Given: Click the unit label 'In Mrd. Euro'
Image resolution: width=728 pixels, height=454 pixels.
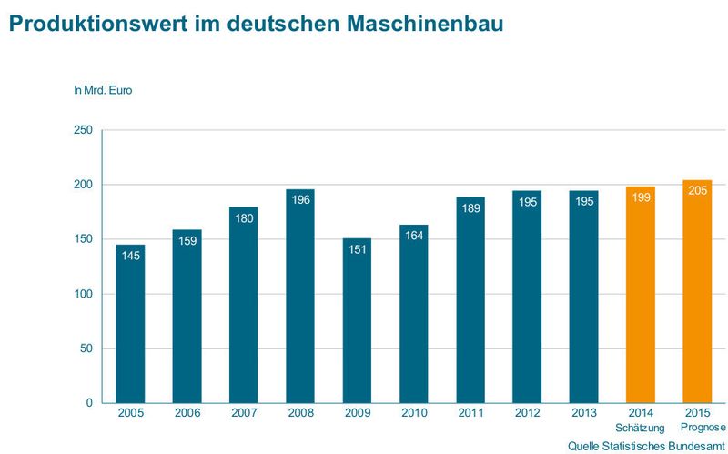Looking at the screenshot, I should pos(103,90).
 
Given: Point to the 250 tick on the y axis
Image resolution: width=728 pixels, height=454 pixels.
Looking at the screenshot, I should pos(82,130).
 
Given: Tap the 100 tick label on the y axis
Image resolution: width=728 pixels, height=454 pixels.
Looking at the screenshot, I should pos(82,294).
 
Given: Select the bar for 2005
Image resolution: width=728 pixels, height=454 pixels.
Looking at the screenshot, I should pos(129,328).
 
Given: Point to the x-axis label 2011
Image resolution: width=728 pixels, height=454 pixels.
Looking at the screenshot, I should pos(470,414).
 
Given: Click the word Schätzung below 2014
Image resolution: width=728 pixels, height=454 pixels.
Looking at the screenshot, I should pos(641,428).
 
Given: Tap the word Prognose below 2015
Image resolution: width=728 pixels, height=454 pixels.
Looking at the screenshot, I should pos(703,428).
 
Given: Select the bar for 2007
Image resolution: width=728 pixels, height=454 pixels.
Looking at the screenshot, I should pos(243,309).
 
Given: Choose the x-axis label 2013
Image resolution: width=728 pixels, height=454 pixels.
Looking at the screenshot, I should pos(583,414).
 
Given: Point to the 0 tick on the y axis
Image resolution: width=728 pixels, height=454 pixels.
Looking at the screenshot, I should pos(88,403).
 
